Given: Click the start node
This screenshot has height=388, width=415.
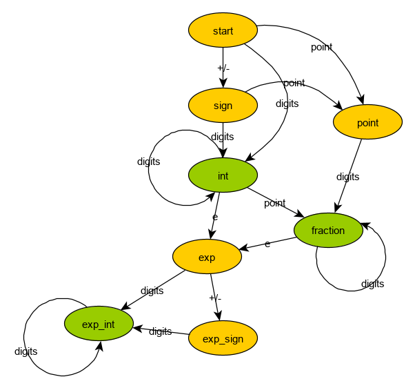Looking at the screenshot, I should [x=223, y=31].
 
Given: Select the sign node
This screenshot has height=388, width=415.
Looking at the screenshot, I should [x=223, y=106].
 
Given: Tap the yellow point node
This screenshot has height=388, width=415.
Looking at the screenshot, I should [x=367, y=123].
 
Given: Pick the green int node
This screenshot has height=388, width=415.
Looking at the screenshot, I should [x=223, y=176].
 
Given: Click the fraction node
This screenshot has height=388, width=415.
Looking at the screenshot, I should [x=328, y=231].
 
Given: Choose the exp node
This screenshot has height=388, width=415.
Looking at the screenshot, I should [x=207, y=258].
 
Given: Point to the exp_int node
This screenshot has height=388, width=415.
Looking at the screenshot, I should [x=99, y=324].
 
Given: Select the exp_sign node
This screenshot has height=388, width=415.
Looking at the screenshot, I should [x=223, y=338].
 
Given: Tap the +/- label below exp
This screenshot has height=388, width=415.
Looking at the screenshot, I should [x=215, y=298].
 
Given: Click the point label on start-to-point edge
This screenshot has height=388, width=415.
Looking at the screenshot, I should [x=321, y=47].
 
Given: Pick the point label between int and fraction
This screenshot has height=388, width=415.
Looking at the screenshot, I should [x=274, y=203].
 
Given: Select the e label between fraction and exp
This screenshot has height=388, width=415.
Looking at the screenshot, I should [x=267, y=244].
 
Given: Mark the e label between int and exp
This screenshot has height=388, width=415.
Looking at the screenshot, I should [x=215, y=217].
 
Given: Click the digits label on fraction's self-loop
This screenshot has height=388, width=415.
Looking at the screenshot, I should [x=372, y=284].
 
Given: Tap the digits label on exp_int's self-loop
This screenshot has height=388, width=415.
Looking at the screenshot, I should [x=26, y=351].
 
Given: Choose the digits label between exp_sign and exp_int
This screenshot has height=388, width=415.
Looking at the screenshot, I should [x=160, y=331].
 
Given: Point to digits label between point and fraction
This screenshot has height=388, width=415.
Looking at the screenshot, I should [x=347, y=177].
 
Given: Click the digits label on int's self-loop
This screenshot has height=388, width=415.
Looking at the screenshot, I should [x=148, y=162].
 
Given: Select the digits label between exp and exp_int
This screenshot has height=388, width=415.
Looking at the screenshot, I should [x=152, y=291].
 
